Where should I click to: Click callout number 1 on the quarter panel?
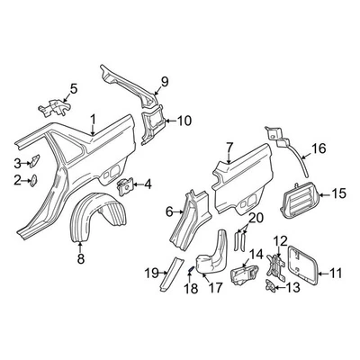pos(93,117)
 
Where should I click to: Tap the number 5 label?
pos(74,88)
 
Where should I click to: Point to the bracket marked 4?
pos(126,186)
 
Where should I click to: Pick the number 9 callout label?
pos(164,85)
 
